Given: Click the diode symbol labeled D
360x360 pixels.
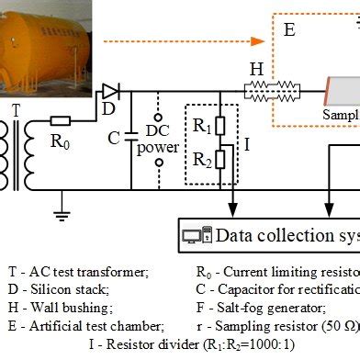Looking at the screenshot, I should coord(110,90).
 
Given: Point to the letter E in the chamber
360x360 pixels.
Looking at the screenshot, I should coord(289,29).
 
